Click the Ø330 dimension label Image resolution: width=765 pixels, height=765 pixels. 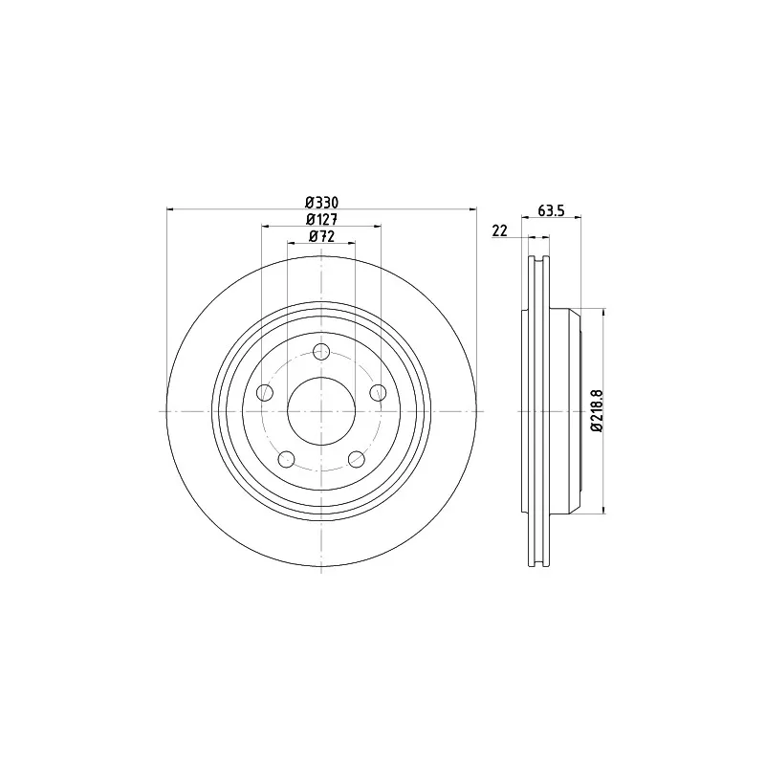(321, 202)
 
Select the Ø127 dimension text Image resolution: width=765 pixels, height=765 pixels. (321, 219)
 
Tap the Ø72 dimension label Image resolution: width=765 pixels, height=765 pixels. (321, 236)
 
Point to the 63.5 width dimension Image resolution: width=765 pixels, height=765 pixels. (551, 210)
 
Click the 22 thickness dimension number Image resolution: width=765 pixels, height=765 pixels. (499, 230)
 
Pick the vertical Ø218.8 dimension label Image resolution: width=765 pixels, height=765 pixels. (597, 410)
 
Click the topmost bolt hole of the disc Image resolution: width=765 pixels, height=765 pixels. (321, 351)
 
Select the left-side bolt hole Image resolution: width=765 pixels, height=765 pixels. (265, 392)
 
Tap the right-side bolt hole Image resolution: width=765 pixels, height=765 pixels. (378, 392)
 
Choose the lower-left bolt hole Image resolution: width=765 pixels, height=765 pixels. (286, 459)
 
